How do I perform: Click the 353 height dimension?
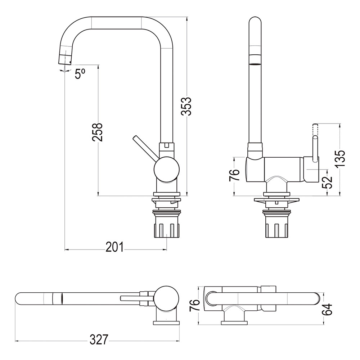tap(186, 106)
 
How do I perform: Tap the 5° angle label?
tap(80, 74)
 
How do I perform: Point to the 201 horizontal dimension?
tap(114, 248)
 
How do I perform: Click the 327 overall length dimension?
tap(99, 339)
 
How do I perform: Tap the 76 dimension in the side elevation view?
tap(234, 176)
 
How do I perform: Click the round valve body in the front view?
tap(166, 169)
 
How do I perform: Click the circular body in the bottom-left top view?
tap(166, 298)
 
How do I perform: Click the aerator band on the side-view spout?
tap(255, 59)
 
